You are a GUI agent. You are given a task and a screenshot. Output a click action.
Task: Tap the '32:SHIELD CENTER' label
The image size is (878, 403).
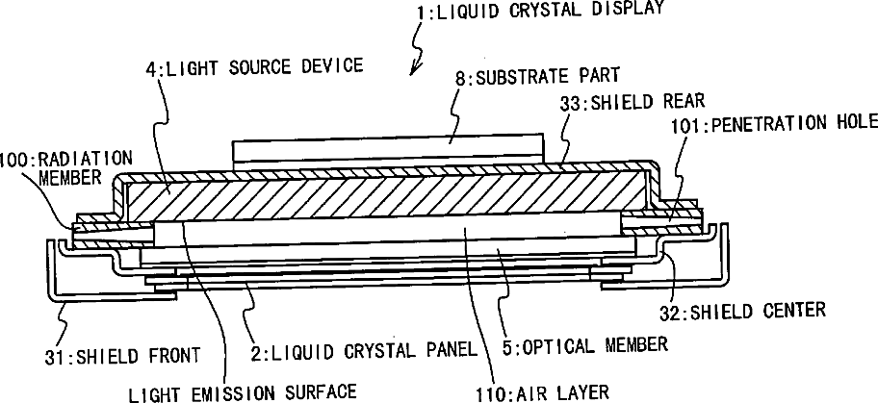click(x=755, y=310)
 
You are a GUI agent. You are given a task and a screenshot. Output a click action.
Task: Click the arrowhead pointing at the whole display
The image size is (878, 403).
click(x=414, y=69)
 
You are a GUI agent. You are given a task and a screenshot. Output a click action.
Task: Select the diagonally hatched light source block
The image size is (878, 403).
click(x=385, y=197)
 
